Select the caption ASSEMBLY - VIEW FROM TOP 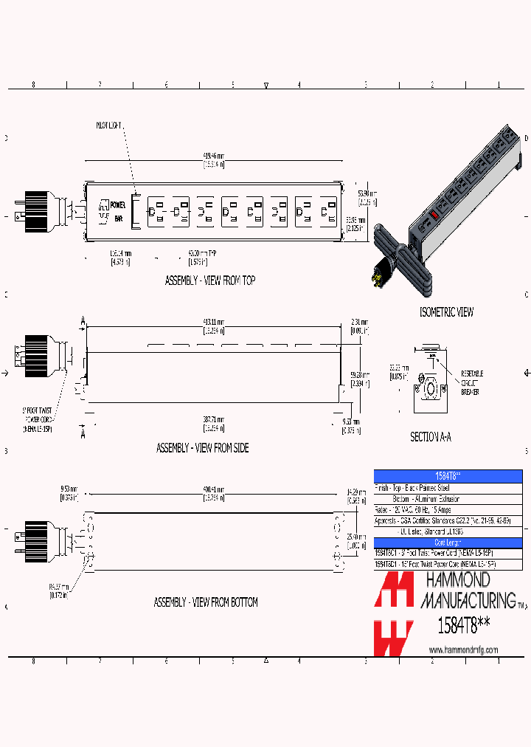pos(210,281)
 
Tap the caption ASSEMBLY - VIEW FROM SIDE pos(202,448)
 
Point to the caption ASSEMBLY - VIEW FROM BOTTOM pos(206,602)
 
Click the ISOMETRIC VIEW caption pos(446,312)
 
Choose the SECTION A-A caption pos(431,437)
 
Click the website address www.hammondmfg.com pos(463,650)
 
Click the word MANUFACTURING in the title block pos(468,599)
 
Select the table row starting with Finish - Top pos(420,488)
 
